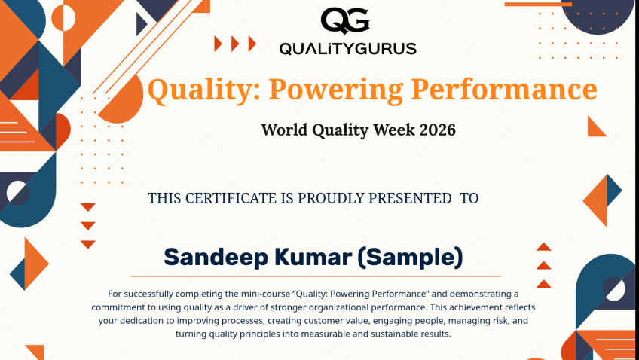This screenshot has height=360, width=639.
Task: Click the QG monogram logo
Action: [345, 21]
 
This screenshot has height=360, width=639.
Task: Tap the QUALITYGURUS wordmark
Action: [347, 49]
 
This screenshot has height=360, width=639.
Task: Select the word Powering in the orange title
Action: [336, 90]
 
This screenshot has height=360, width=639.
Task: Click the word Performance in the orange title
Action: [504, 89]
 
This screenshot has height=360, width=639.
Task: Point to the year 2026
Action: [437, 130]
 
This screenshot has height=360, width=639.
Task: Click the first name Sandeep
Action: [216, 258]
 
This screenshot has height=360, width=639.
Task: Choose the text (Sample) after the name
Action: [411, 258]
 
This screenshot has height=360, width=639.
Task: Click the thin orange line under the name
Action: [316, 276]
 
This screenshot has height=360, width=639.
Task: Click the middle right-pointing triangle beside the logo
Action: [235, 44]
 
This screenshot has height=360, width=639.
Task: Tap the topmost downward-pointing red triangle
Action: [88, 207]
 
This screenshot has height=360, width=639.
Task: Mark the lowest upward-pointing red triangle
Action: [543, 284]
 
